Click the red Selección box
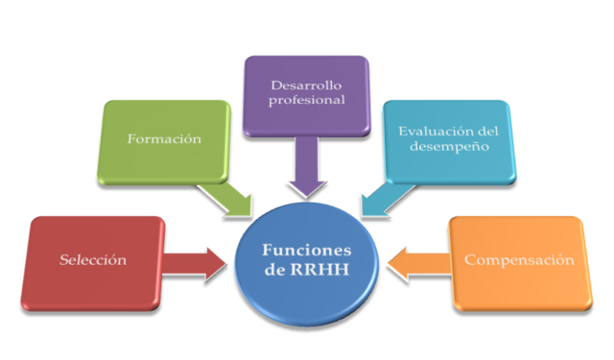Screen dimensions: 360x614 click(92, 261)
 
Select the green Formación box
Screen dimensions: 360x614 click(165, 140)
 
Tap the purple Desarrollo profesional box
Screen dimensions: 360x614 click(305, 94)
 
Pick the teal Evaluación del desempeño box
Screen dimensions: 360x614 click(449, 140)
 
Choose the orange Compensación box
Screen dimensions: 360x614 click(518, 261)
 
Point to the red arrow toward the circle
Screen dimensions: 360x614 click(197, 262)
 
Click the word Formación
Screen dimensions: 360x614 click(165, 139)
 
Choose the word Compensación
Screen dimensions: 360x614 click(519, 260)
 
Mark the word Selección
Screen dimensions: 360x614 click(92, 260)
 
